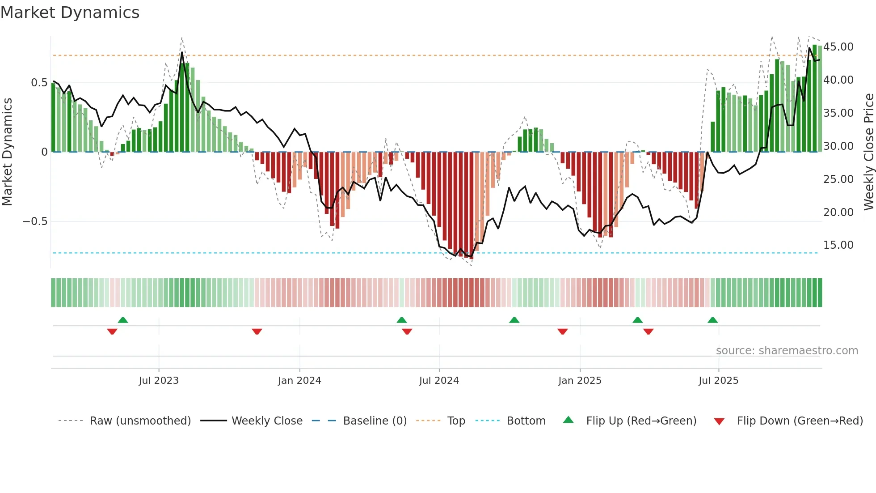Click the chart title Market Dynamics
[70, 13]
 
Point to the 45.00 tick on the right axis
[838, 47]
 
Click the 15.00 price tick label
[838, 245]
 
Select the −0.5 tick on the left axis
[35, 221]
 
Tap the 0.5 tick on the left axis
[39, 83]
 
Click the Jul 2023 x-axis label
[159, 381]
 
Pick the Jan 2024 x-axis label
[299, 381]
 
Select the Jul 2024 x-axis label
[439, 381]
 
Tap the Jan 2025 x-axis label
[580, 381]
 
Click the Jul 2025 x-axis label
[718, 381]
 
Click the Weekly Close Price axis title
[868, 152]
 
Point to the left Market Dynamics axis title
[7, 152]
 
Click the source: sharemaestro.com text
[787, 351]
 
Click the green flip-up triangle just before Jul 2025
[712, 320]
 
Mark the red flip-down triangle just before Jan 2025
[562, 331]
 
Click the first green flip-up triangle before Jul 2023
[123, 320]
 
